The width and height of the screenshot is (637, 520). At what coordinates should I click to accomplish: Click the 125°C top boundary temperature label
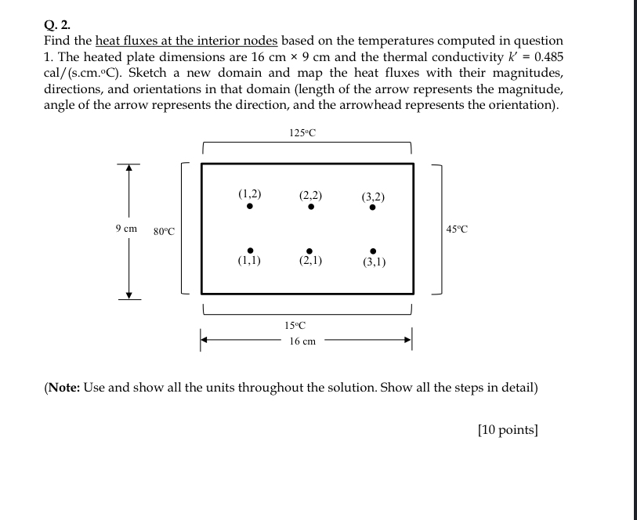(x=302, y=132)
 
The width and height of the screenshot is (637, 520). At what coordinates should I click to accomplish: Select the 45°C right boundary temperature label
(x=456, y=229)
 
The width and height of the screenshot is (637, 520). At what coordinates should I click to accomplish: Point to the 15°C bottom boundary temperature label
(x=295, y=325)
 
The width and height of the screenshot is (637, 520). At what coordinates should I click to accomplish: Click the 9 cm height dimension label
(x=125, y=229)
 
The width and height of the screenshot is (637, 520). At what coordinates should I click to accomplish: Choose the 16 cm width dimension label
(x=302, y=341)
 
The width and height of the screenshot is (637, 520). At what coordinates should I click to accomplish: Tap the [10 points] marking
(x=507, y=429)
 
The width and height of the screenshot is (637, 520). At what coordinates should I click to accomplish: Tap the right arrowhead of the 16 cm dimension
(x=407, y=339)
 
